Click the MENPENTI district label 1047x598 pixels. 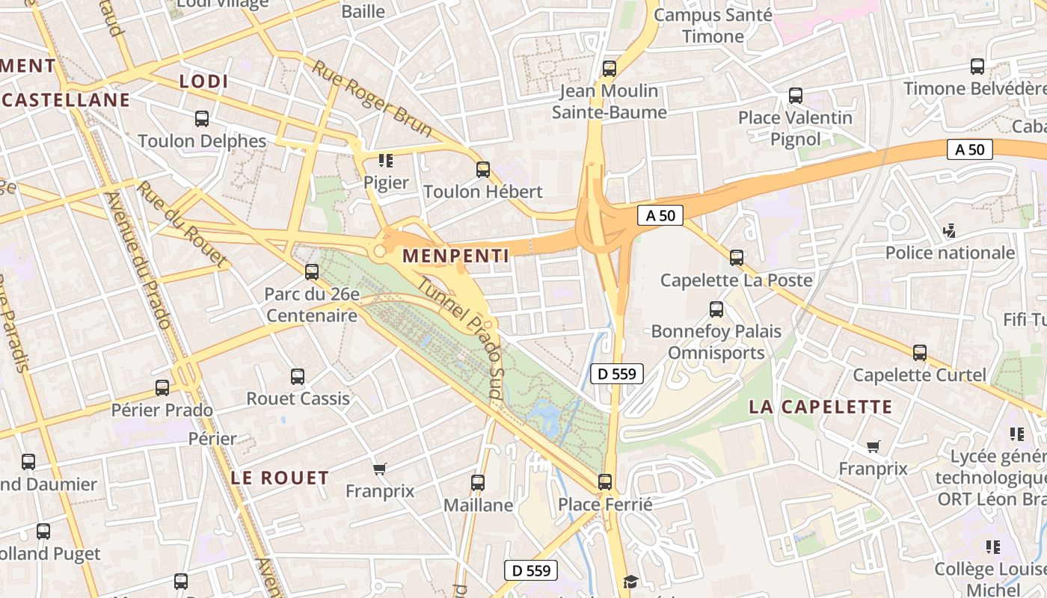click(455, 256)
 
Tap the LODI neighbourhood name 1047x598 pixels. click(203, 81)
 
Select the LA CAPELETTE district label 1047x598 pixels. click(820, 407)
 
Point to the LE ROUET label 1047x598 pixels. click(280, 478)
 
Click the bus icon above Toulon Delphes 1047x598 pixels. click(202, 118)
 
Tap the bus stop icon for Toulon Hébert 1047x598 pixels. click(483, 170)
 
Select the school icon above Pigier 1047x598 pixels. click(386, 160)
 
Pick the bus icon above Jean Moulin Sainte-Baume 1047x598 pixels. click(610, 69)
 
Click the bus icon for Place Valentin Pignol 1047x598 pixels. click(796, 96)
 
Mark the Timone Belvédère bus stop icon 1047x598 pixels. click(977, 67)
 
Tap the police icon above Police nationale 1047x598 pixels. click(950, 230)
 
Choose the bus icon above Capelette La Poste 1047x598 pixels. click(737, 258)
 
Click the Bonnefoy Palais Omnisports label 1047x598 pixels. click(716, 342)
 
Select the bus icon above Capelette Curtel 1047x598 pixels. click(920, 353)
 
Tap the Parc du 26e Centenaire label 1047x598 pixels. click(312, 305)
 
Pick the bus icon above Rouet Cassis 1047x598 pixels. click(298, 377)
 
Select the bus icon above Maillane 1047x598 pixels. click(478, 483)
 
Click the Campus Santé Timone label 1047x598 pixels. click(712, 25)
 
